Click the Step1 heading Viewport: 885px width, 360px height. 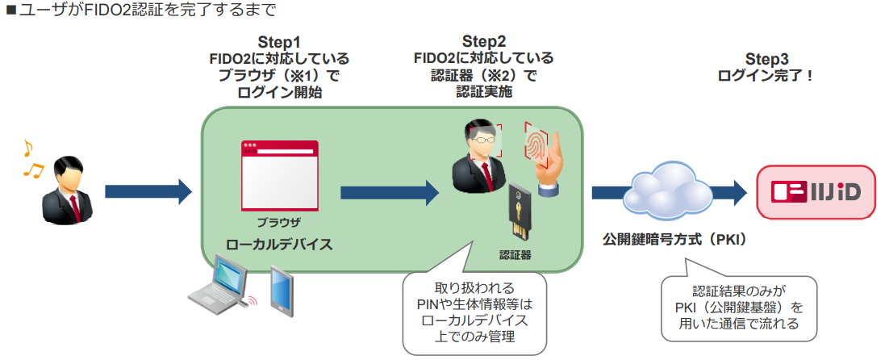point(279,41)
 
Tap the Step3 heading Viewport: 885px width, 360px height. point(766,59)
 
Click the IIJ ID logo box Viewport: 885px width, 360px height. point(816,192)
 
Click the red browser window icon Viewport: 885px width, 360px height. point(279,177)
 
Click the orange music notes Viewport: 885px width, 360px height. point(31,158)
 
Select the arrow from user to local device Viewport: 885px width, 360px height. point(148,192)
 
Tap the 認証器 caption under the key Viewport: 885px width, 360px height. point(516,256)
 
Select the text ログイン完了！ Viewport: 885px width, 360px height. point(766,75)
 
